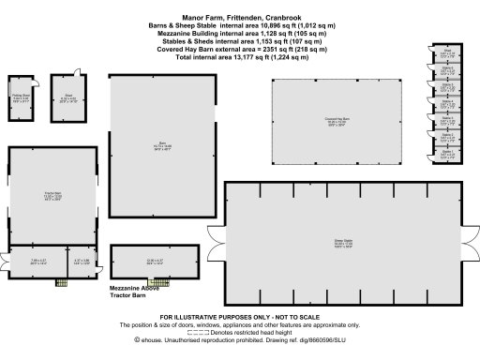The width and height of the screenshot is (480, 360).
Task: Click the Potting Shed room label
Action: pos(21,95)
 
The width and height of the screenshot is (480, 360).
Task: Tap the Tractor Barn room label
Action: pos(52,194)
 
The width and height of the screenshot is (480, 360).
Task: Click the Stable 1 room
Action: pos(448,152)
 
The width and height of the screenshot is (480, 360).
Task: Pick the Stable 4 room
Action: pos(448,102)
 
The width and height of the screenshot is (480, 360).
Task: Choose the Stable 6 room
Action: pos(448,69)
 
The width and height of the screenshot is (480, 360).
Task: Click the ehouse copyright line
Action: pos(239,342)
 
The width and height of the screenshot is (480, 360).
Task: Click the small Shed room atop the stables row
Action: pos(448,52)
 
